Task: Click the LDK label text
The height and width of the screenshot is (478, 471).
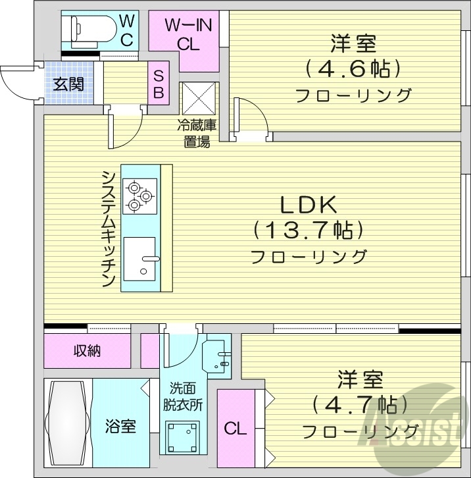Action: pyautogui.click(x=309, y=205)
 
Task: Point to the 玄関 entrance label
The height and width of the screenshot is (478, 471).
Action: pyautogui.click(x=68, y=84)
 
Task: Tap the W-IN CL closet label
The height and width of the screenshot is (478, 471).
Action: pyautogui.click(x=187, y=34)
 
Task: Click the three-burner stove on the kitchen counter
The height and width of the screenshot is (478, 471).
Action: pyautogui.click(x=140, y=194)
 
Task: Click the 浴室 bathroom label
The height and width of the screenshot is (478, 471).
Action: pyautogui.click(x=120, y=427)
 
